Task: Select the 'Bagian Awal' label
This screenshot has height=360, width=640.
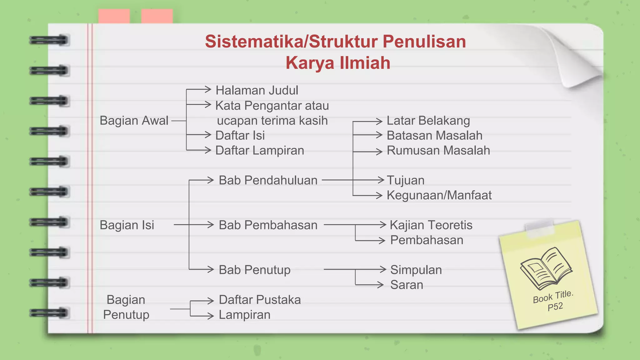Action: (134, 121)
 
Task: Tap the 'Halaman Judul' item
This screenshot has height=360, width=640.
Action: (257, 90)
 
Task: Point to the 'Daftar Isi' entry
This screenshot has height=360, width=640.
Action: (240, 135)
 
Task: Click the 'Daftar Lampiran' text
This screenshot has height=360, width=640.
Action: (259, 150)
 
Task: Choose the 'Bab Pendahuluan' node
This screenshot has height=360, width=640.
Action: (268, 180)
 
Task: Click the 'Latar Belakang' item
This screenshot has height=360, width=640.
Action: (428, 121)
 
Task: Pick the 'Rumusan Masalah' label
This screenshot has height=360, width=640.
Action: (438, 150)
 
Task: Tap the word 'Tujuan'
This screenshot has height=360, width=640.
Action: (405, 180)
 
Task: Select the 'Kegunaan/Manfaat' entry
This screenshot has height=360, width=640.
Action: (439, 195)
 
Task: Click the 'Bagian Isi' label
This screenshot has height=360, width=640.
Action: (127, 225)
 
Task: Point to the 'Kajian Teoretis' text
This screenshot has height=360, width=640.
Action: (431, 225)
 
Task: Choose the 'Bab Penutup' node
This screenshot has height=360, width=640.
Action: (254, 270)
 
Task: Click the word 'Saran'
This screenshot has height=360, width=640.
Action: (407, 285)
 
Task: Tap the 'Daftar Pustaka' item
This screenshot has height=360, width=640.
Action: (259, 300)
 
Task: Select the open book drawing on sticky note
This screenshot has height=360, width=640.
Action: (546, 268)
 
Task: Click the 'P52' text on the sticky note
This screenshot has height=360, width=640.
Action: (555, 307)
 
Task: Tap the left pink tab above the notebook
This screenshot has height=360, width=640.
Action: (114, 16)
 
